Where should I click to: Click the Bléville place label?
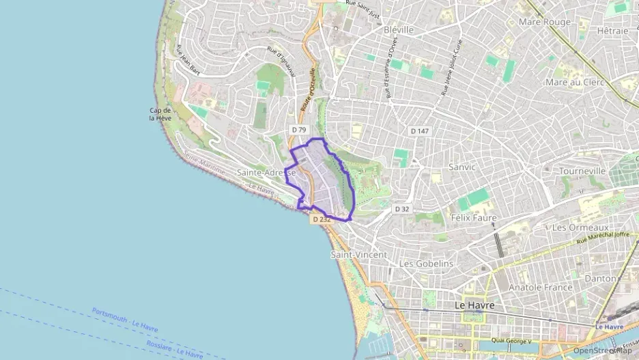(x=399, y=30)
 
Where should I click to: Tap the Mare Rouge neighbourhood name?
(x=544, y=22)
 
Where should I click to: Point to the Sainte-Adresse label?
(x=266, y=173)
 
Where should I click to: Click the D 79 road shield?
(x=299, y=129)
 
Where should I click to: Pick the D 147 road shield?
(x=419, y=130)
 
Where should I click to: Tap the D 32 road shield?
(x=403, y=209)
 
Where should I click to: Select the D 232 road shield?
(x=321, y=219)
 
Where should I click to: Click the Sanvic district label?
(x=461, y=166)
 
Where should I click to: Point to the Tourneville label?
(x=582, y=171)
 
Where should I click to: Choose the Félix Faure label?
(x=474, y=218)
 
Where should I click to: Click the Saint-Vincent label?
(x=358, y=255)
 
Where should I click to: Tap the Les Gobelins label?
(x=426, y=264)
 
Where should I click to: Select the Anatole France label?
(x=540, y=288)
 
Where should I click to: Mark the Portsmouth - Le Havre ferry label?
(x=125, y=320)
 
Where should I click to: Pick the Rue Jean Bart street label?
(x=188, y=60)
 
